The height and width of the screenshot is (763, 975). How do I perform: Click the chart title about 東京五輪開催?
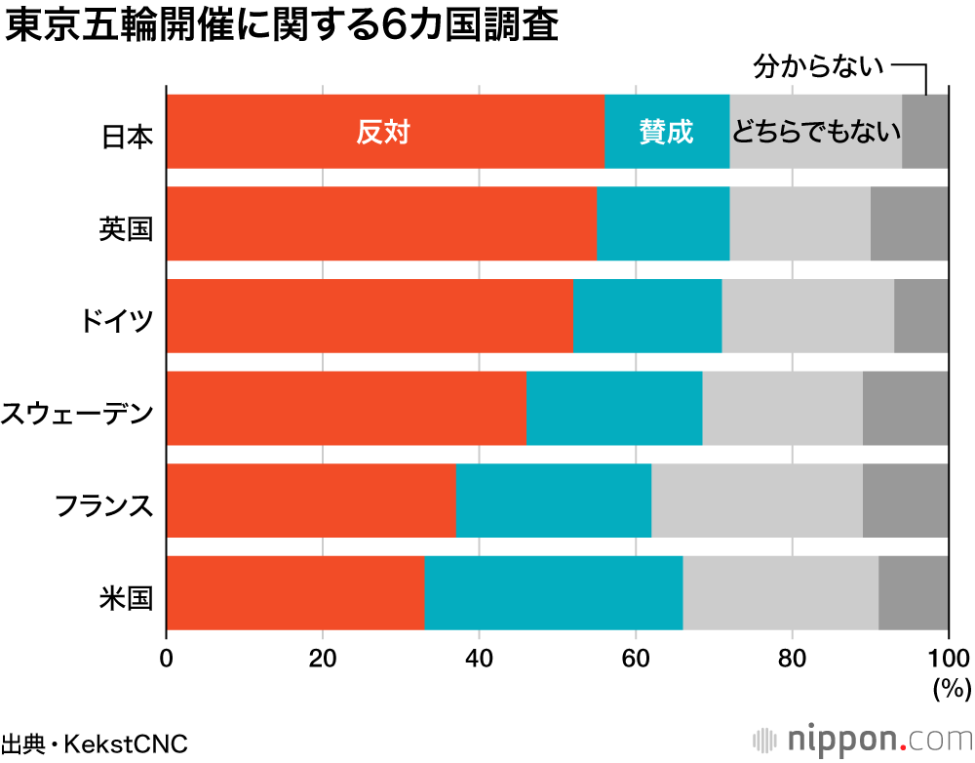[282, 26]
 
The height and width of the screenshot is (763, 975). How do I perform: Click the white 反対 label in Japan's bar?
[382, 133]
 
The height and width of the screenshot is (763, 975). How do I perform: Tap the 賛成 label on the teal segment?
[666, 133]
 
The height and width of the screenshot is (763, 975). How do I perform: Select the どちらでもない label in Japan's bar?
[815, 133]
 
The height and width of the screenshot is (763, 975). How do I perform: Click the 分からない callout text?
[819, 67]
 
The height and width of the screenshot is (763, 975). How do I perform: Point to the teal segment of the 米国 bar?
[553, 593]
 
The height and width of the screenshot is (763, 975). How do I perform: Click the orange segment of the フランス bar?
[311, 502]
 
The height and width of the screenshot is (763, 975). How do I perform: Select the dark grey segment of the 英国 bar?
[909, 224]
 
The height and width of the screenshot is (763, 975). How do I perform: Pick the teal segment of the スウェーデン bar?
[613, 409]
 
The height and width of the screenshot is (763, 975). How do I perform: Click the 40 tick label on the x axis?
[479, 656]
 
